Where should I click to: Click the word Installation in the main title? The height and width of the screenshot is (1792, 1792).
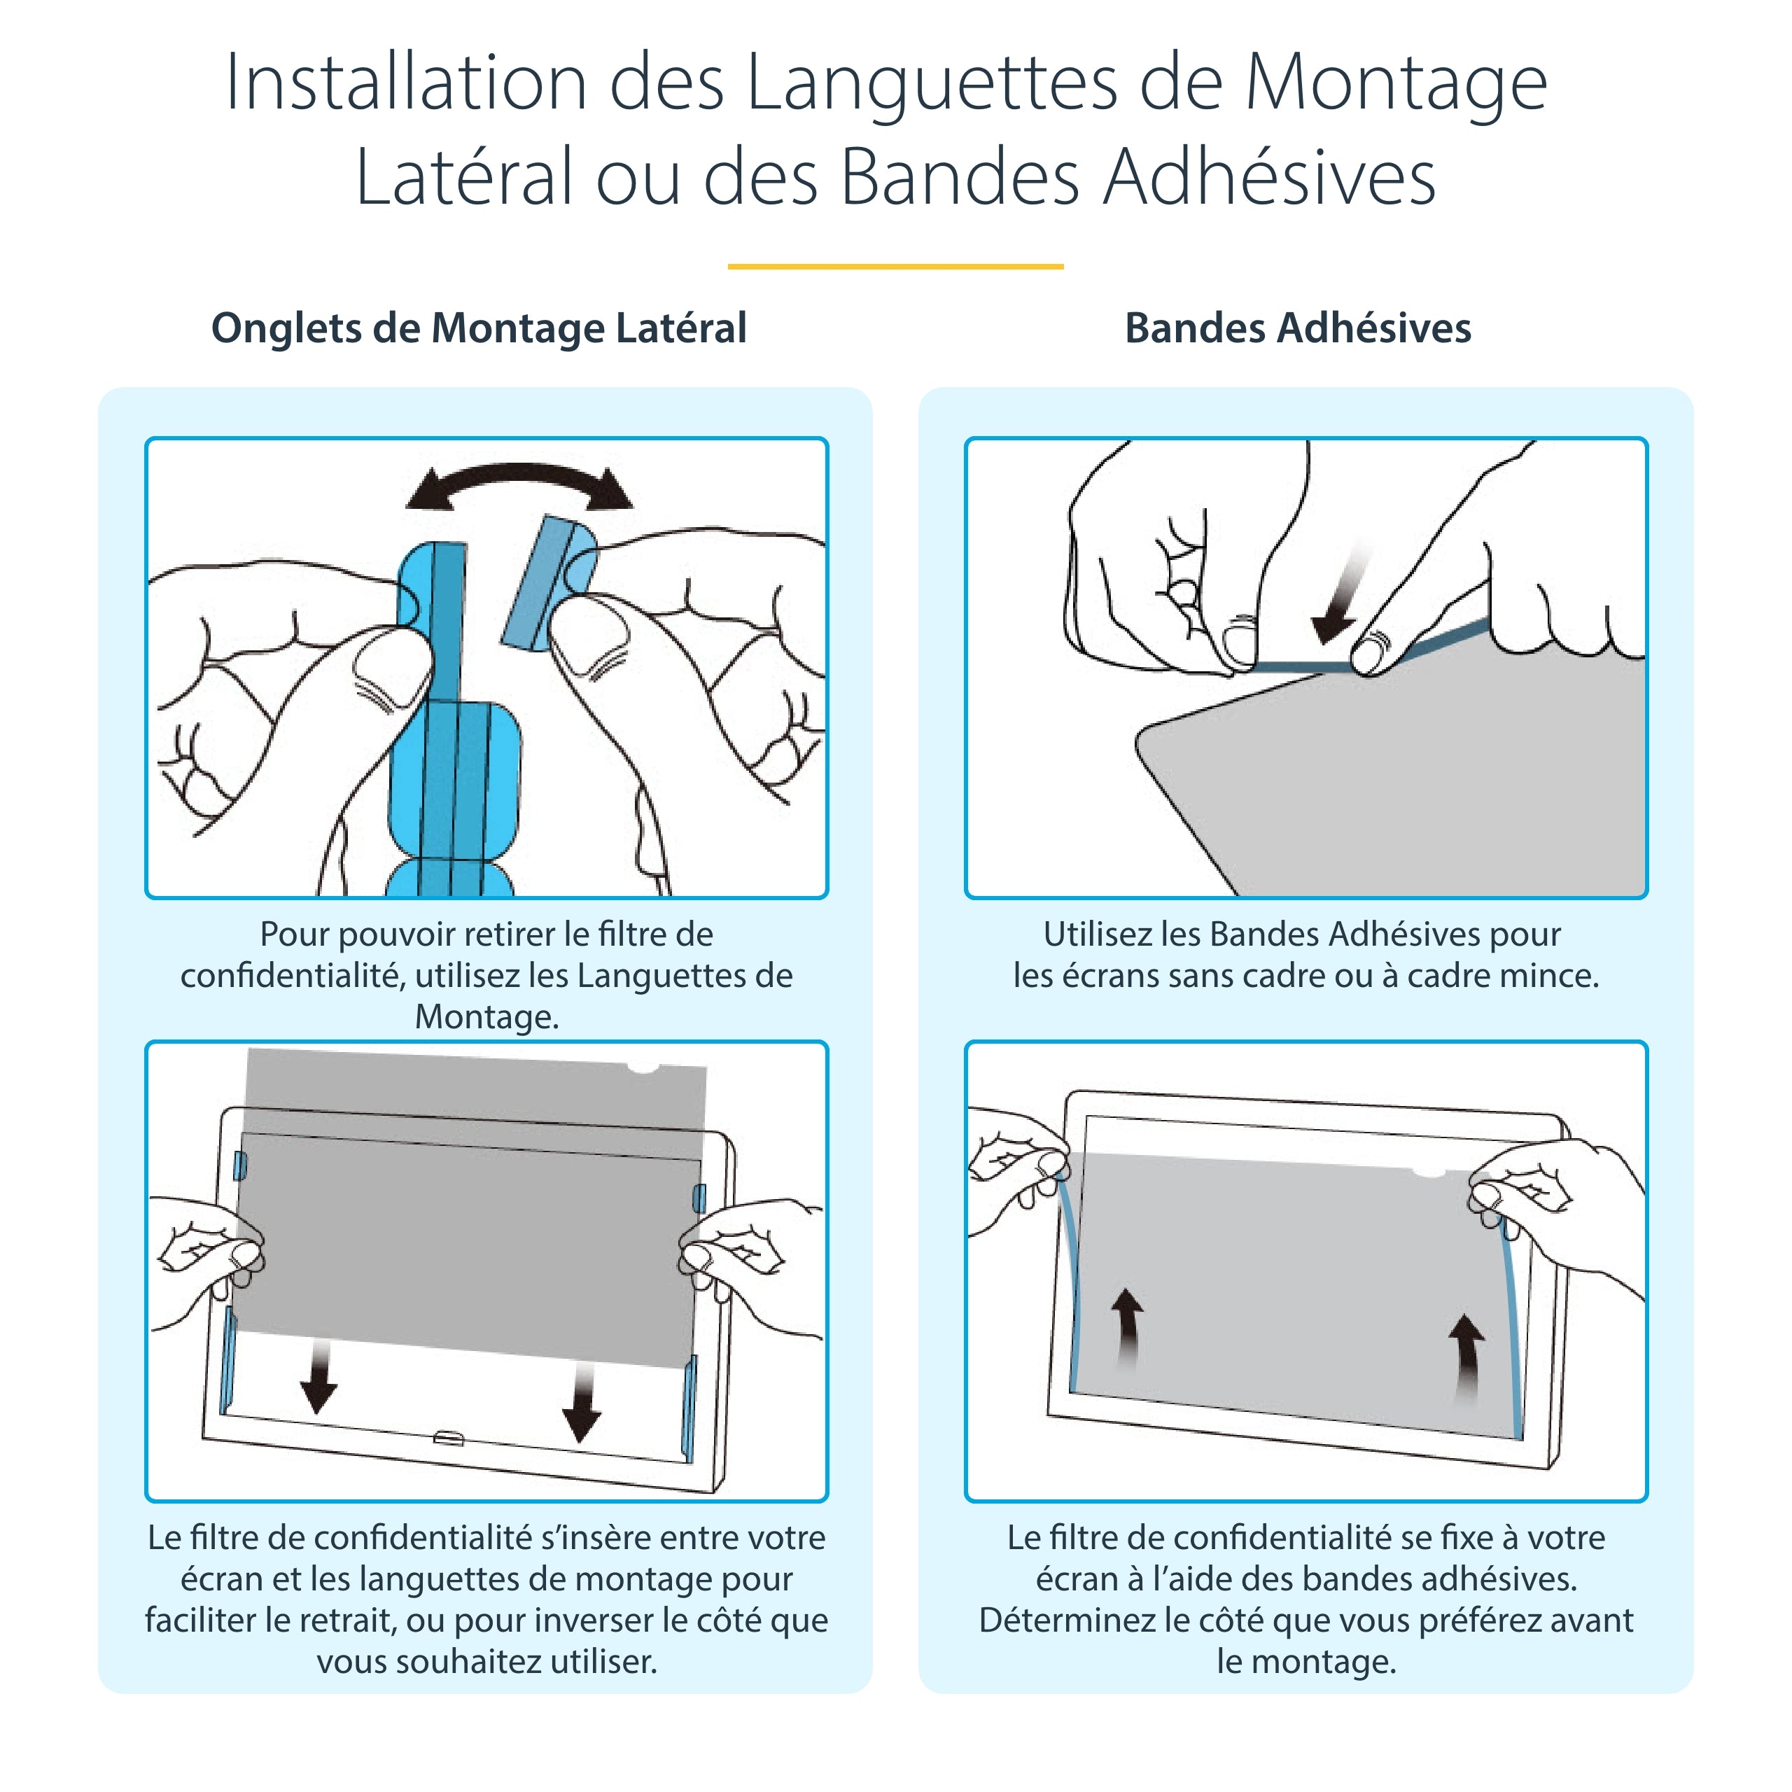tap(405, 83)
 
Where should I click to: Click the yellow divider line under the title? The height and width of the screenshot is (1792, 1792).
tap(895, 266)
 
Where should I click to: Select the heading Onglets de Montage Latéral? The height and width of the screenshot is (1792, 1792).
tap(479, 328)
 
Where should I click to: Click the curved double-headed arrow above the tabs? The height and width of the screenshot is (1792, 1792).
tap(519, 484)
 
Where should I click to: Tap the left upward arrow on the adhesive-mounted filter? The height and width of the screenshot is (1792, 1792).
tap(1126, 1328)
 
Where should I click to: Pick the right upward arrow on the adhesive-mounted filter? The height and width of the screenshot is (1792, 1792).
tap(1466, 1355)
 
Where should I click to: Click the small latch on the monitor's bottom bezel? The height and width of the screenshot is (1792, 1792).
tap(449, 1438)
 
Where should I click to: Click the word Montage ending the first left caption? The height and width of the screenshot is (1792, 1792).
tap(486, 1016)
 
